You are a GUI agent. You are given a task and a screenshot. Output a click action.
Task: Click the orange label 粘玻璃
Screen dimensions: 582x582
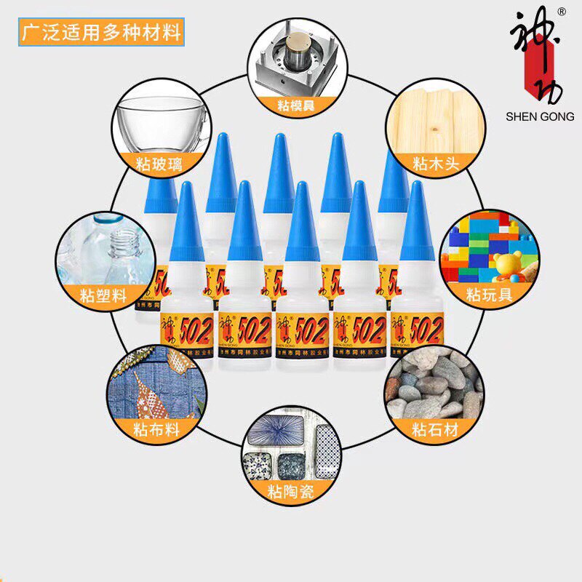pos(155,163)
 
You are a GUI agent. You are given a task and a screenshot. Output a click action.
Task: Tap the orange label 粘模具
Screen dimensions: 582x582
pos(295,105)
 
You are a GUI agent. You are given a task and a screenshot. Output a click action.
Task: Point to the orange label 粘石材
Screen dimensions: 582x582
pos(435,429)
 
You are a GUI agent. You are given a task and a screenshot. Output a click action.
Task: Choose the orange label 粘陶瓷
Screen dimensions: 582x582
pos(291,492)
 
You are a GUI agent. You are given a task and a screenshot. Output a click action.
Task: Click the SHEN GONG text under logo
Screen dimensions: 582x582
pos(540,116)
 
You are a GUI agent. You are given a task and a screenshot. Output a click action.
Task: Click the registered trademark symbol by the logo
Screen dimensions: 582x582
pos(561,12)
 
